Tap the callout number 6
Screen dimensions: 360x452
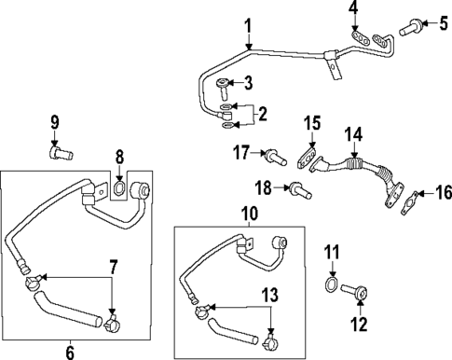point(70,351)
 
